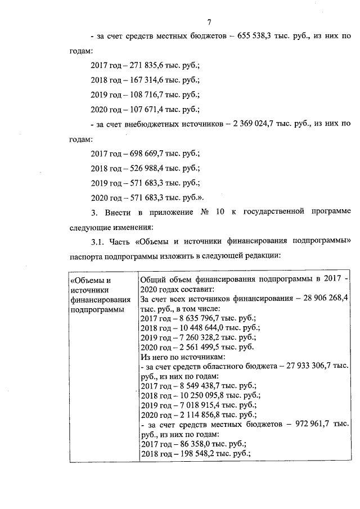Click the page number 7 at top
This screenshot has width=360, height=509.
(x=209, y=22)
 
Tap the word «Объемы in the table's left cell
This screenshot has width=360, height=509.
(x=90, y=280)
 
